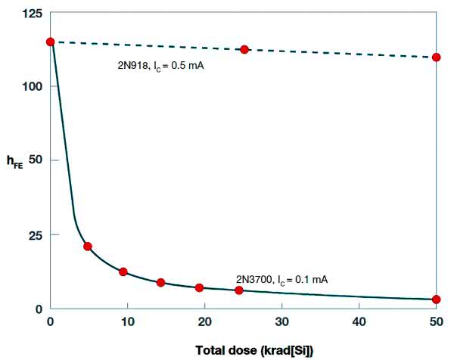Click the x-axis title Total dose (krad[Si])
click(253, 350)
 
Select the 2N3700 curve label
click(281, 280)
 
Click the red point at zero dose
click(51, 42)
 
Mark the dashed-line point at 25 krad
click(244, 49)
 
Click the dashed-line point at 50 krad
click(437, 57)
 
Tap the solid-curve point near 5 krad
click(88, 247)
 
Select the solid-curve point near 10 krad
click(123, 272)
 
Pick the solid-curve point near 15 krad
click(160, 282)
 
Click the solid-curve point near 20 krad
click(199, 287)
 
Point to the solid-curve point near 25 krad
click(239, 290)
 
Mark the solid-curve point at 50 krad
click(437, 299)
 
